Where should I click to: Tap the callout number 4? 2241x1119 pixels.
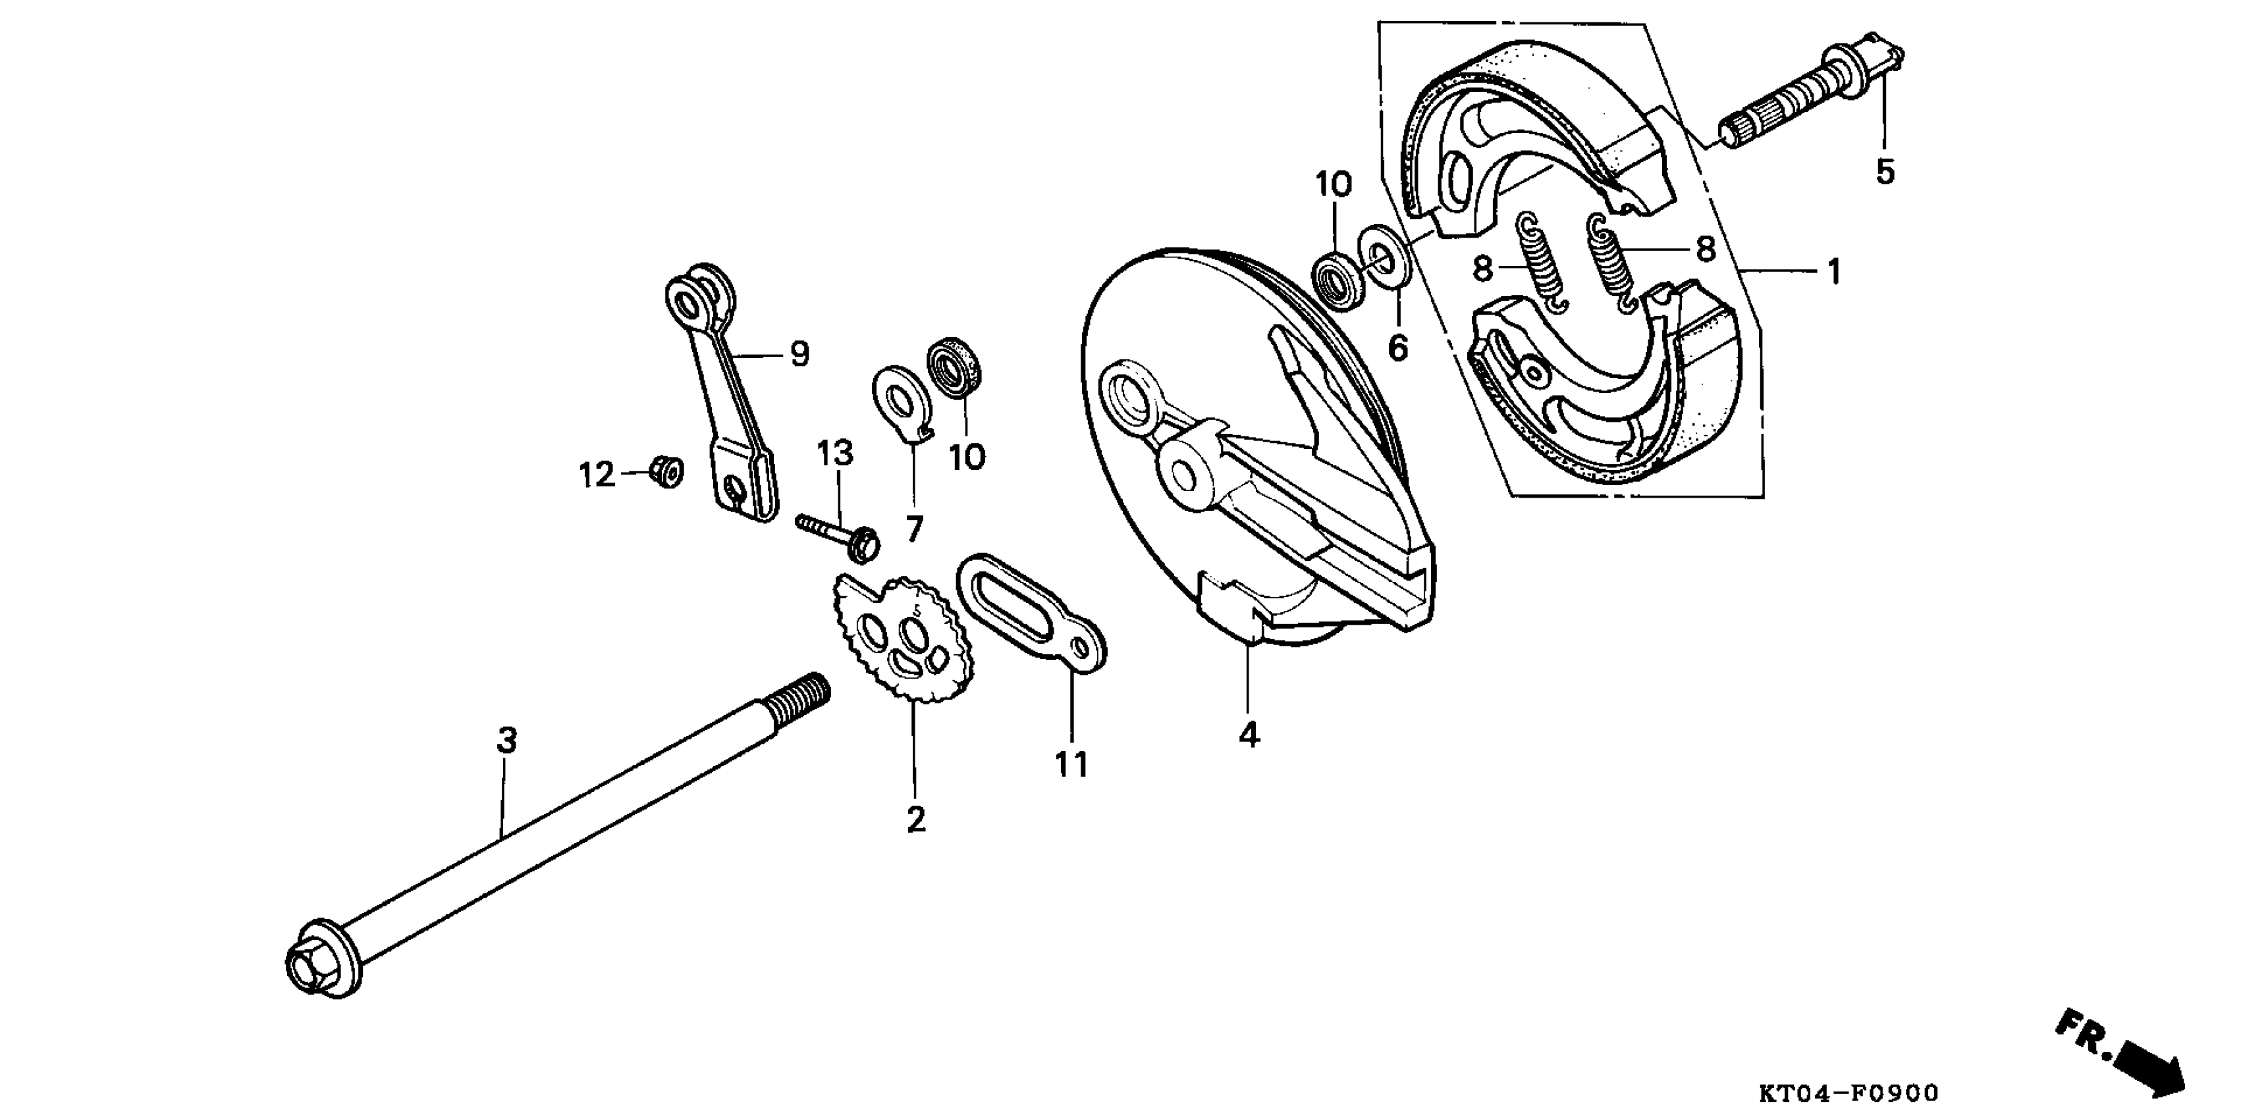1249,735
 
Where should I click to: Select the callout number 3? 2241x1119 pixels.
506,741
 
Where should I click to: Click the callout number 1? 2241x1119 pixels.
1833,272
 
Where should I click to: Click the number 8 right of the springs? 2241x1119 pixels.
1704,249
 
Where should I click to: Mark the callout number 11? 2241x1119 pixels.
1072,764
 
